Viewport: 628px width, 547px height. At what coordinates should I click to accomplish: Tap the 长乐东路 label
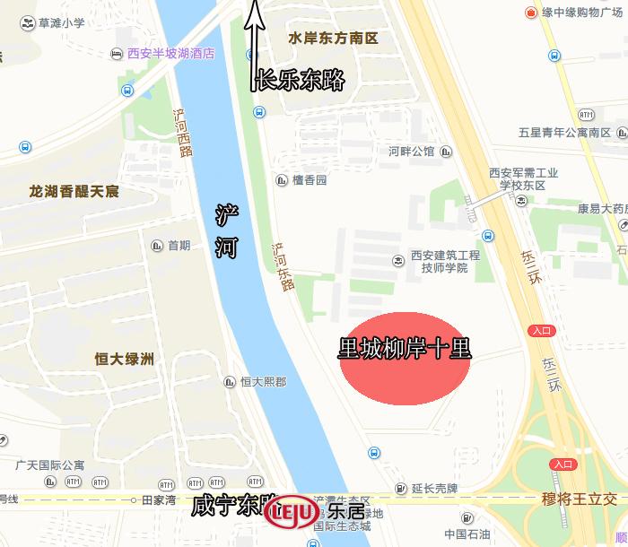tap(301, 80)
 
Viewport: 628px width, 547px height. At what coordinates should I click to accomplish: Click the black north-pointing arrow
tap(255, 45)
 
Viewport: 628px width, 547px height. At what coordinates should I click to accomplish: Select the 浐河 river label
tap(227, 231)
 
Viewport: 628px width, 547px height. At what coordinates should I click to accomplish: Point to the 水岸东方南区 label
tap(333, 39)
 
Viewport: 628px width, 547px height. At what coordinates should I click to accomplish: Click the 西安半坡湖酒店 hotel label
tap(170, 54)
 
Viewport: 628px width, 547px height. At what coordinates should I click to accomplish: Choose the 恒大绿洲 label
tap(125, 360)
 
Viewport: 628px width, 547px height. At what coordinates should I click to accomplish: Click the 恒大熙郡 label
tap(263, 382)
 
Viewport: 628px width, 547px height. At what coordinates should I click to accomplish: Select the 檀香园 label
tap(310, 180)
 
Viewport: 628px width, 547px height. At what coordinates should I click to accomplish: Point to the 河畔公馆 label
tap(411, 152)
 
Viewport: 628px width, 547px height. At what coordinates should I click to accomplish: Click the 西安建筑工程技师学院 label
tap(445, 261)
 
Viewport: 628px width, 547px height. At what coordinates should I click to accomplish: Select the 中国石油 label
tap(467, 534)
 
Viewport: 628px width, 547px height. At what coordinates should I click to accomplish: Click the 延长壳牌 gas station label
tap(435, 489)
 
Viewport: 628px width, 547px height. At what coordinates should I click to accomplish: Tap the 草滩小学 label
tap(60, 22)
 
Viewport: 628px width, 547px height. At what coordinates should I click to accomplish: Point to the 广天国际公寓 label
tap(50, 465)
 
